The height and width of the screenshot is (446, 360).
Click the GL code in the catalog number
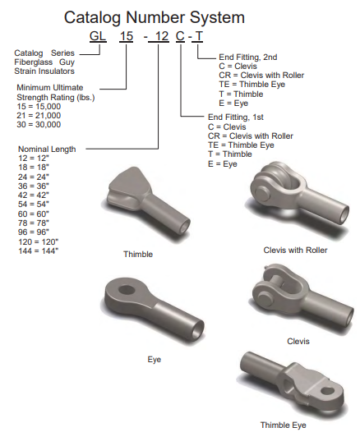(x=98, y=36)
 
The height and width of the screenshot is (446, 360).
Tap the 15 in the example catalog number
(x=127, y=36)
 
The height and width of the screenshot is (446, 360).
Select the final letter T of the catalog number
(x=199, y=36)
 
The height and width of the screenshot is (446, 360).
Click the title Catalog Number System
(x=155, y=17)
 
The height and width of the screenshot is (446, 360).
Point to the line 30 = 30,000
(x=39, y=125)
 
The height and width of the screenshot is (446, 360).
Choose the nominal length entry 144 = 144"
(x=39, y=251)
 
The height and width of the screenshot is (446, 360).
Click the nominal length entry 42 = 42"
(x=34, y=195)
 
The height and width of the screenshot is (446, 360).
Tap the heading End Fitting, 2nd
(x=248, y=57)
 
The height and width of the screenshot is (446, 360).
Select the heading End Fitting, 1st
(x=236, y=117)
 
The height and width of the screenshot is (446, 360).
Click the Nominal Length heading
(x=47, y=149)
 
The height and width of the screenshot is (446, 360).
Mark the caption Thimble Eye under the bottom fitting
(x=284, y=425)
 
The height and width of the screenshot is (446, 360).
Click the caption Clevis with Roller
(x=295, y=251)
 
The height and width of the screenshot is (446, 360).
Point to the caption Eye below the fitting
(x=155, y=360)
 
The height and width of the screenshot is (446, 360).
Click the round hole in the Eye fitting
(x=127, y=290)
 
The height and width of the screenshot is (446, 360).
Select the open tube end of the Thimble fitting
(x=184, y=226)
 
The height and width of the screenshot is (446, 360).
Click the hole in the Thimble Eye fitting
(x=327, y=391)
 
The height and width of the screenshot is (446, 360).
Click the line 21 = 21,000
(x=39, y=116)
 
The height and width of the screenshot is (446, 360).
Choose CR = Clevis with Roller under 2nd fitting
(x=261, y=76)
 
